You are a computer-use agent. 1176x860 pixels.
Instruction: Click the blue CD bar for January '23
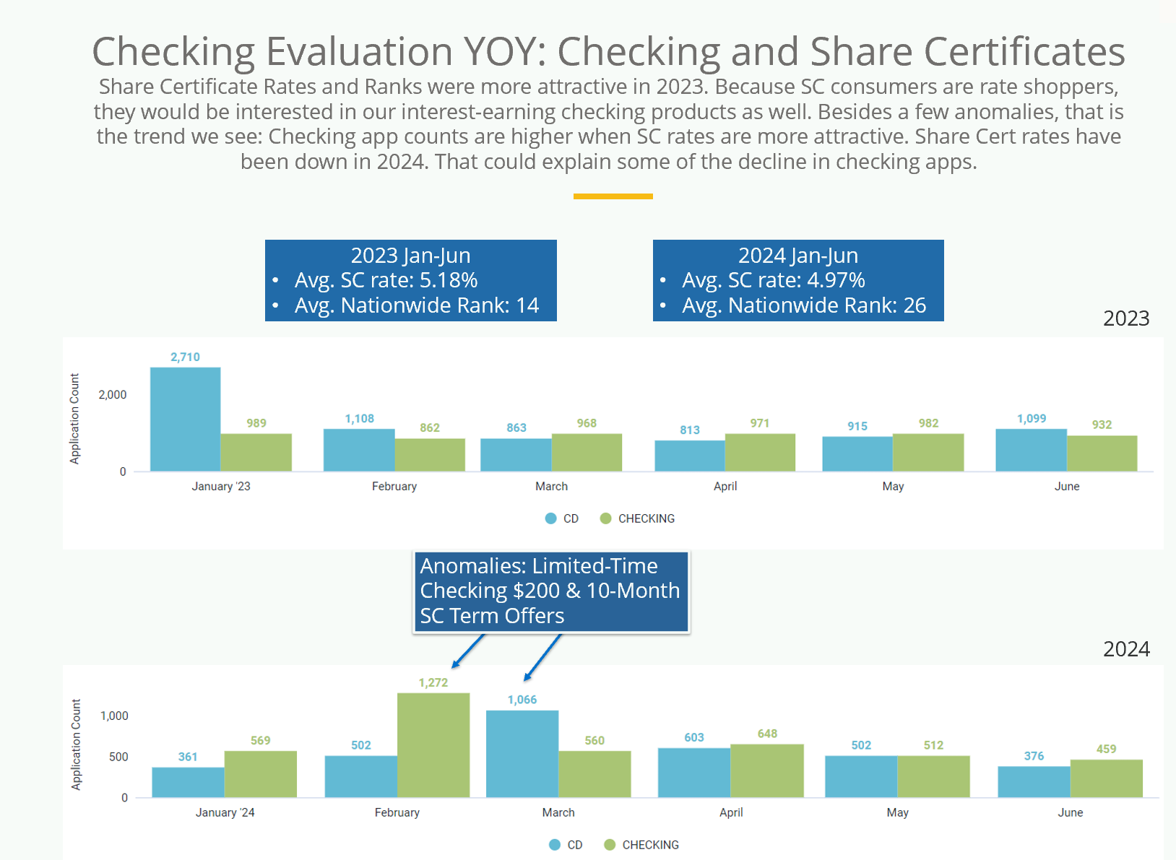coord(185,419)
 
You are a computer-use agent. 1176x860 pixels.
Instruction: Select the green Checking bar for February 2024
coord(433,744)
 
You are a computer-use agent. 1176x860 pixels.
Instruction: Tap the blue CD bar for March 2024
coord(522,753)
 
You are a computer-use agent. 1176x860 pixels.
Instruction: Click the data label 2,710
coord(185,357)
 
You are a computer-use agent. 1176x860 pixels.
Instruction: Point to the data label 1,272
coord(433,682)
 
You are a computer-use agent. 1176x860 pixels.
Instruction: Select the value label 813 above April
coord(690,430)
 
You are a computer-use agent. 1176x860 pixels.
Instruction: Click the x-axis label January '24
coord(225,812)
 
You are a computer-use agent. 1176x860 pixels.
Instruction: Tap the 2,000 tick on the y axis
coord(113,394)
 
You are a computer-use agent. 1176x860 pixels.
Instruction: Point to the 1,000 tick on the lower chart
coord(114,716)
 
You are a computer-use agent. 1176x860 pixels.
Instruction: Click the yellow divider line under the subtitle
coord(613,196)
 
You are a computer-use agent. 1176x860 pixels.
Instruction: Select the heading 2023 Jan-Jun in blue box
coord(410,256)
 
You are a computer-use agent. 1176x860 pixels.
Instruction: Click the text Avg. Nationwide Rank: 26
coord(803,305)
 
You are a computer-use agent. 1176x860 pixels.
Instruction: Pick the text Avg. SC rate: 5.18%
coord(386,280)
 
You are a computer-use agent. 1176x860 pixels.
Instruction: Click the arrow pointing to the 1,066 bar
coord(542,657)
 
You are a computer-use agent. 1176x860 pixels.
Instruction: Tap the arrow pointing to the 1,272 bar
coord(468,651)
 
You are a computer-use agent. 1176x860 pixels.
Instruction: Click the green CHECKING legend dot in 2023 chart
coord(606,518)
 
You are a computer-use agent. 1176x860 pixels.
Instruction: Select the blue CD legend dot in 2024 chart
coord(555,845)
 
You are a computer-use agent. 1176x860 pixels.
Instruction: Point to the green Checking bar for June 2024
coord(1106,778)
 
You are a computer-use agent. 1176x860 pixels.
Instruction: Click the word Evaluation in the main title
coord(360,51)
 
